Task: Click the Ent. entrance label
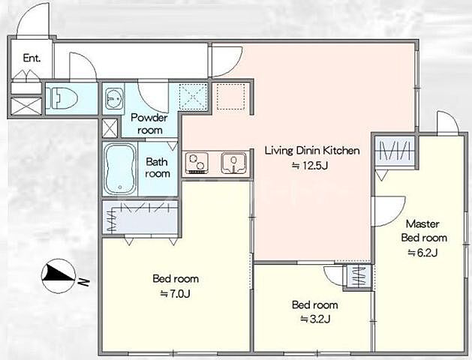pyautogui.click(x=32, y=58)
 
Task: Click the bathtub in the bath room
pyautogui.click(x=120, y=169)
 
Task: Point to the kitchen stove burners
pyautogui.click(x=197, y=163)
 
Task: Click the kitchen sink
pyautogui.click(x=234, y=163)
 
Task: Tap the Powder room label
pyautogui.click(x=149, y=124)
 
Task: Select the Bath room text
pyautogui.click(x=157, y=167)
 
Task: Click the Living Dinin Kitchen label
pyautogui.click(x=312, y=151)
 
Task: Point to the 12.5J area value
pyautogui.click(x=310, y=166)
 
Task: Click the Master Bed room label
pyautogui.click(x=424, y=231)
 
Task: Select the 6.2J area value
pyautogui.click(x=422, y=253)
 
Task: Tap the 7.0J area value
pyautogui.click(x=175, y=293)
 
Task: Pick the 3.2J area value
pyautogui.click(x=315, y=319)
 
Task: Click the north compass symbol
pyautogui.click(x=59, y=276)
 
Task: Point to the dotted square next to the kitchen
pyautogui.click(x=230, y=97)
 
